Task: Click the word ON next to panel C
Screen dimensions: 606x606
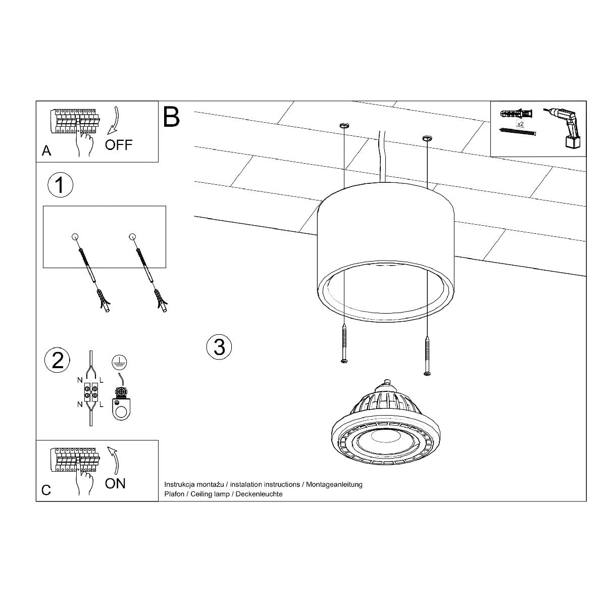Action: pyautogui.click(x=115, y=483)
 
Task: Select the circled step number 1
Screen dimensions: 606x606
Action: pyautogui.click(x=60, y=185)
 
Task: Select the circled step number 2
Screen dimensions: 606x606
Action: pyautogui.click(x=58, y=361)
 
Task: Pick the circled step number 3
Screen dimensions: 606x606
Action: pyautogui.click(x=219, y=347)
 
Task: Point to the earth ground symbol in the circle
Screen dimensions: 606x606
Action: pyautogui.click(x=119, y=362)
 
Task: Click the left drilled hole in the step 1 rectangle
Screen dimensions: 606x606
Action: pyautogui.click(x=75, y=236)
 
